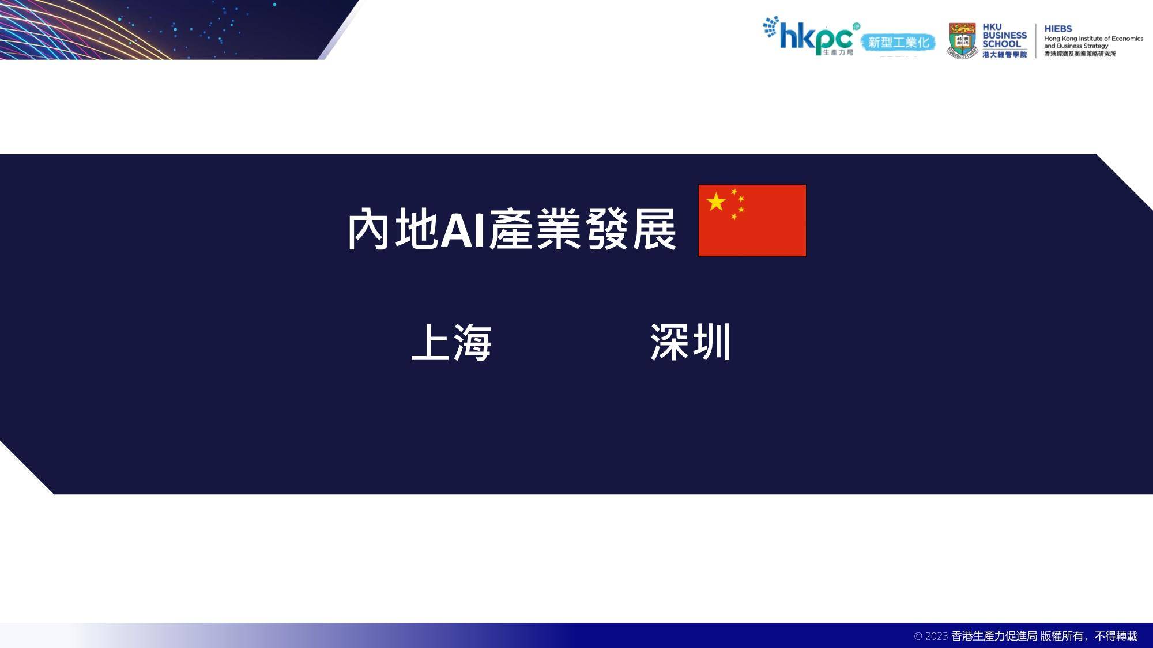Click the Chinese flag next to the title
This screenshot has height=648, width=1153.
(752, 221)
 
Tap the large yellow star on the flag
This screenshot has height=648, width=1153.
(716, 202)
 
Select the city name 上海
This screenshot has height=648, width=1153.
(451, 342)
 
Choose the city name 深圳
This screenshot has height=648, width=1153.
(691, 342)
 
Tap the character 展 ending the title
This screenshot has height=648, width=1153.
(654, 229)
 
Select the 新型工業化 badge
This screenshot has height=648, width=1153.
(898, 43)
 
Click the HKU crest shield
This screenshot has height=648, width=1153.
(962, 40)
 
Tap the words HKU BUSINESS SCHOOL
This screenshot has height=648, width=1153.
(1004, 35)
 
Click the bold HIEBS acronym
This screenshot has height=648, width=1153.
(1058, 28)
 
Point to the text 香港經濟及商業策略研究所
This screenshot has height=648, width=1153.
(1080, 54)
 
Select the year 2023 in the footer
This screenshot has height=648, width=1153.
(936, 636)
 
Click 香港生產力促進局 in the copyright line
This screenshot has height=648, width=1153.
(994, 636)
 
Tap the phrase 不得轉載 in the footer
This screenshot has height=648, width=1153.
(1116, 636)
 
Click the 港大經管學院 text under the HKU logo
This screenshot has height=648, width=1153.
(1005, 55)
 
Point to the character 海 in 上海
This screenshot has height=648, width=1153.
(472, 342)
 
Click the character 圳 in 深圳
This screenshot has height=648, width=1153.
(711, 342)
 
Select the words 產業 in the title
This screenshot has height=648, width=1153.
(535, 229)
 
